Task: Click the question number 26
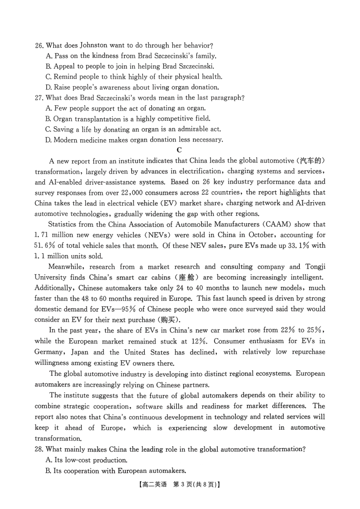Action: pyautogui.click(x=39, y=45)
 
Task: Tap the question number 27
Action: pyautogui.click(x=39, y=98)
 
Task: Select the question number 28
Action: pyautogui.click(x=39, y=450)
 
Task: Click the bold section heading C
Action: pyautogui.click(x=179, y=150)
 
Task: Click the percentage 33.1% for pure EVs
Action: pyautogui.click(x=299, y=245)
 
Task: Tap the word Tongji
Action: pyautogui.click(x=315, y=267)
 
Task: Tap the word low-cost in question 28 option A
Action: pyautogui.click(x=80, y=461)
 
